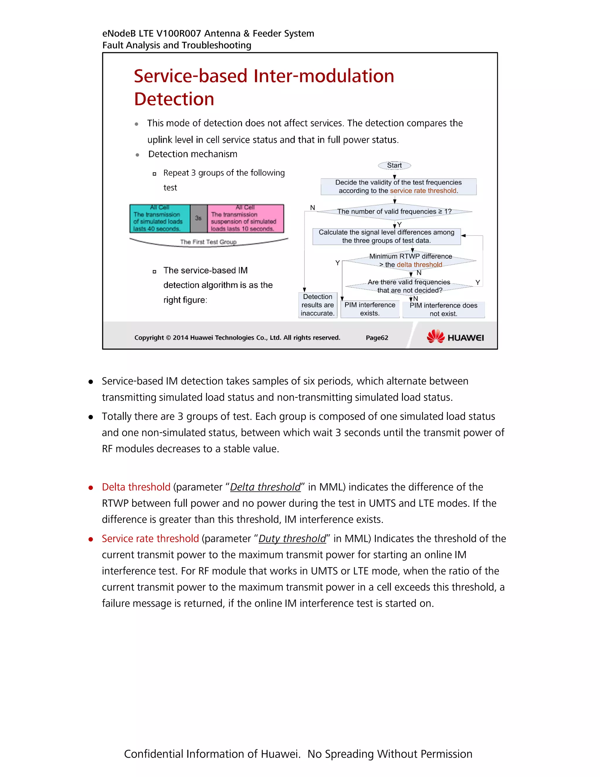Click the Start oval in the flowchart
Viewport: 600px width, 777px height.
(x=394, y=165)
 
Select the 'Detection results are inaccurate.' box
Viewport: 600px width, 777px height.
(x=317, y=305)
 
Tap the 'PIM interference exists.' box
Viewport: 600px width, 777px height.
(x=370, y=309)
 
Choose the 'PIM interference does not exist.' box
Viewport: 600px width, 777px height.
(x=443, y=309)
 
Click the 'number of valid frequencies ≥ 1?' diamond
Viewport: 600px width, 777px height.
(x=394, y=211)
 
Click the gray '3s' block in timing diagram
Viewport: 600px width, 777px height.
(x=198, y=218)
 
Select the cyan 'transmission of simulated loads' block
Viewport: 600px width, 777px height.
(x=160, y=218)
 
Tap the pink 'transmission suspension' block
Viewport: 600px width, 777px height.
(x=245, y=218)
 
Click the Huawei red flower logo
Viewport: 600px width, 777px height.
(x=435, y=336)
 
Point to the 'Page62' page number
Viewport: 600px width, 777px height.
(x=377, y=337)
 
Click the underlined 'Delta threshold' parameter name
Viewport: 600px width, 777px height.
(x=265, y=487)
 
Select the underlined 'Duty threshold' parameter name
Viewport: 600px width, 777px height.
(x=292, y=539)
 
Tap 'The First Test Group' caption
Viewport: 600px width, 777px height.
(x=208, y=242)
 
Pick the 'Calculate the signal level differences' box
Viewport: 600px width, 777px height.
(x=386, y=236)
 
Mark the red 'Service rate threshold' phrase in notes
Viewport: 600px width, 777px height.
(x=150, y=539)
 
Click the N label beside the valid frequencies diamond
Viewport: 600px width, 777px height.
(x=312, y=207)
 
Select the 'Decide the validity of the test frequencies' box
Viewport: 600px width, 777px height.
(x=398, y=186)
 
